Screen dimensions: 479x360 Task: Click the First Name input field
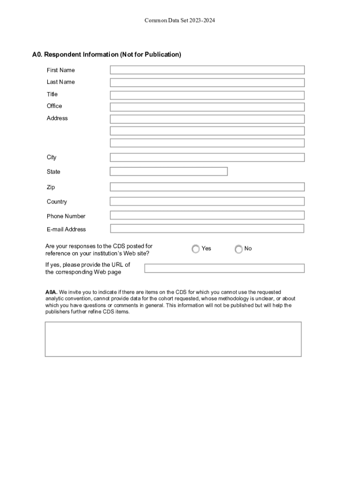click(x=207, y=70)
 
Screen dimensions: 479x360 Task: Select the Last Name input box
click(x=207, y=82)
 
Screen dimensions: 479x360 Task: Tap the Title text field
click(x=207, y=95)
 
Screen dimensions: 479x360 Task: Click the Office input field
click(x=207, y=107)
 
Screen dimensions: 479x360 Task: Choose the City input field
click(x=207, y=158)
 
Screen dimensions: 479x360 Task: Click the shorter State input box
click(x=169, y=172)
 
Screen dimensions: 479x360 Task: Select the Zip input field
click(x=207, y=187)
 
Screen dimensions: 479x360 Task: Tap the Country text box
click(x=207, y=202)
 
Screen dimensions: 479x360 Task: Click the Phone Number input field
click(x=207, y=215)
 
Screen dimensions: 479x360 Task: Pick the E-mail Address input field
click(x=207, y=229)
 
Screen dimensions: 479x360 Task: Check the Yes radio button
click(x=195, y=249)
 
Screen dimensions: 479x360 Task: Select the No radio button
click(x=238, y=249)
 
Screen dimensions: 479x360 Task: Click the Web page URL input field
click(x=224, y=269)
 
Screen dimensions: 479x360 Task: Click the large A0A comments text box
click(x=173, y=339)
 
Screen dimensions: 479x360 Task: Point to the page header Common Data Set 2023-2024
click(x=180, y=21)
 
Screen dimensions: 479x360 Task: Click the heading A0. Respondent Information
click(x=107, y=55)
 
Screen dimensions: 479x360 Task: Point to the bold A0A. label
click(x=51, y=292)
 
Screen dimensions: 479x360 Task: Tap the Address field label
click(x=57, y=118)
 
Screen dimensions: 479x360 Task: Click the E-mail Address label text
click(x=66, y=229)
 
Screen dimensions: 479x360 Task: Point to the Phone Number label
click(x=66, y=216)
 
